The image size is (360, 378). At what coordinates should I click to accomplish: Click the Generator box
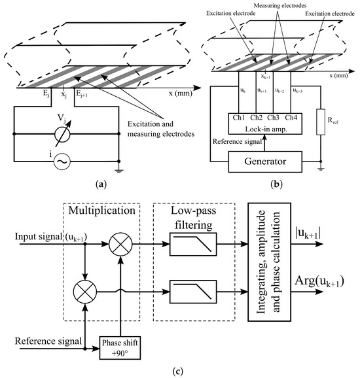pyautogui.click(x=265, y=162)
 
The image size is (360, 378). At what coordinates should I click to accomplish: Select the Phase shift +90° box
pyautogui.click(x=120, y=348)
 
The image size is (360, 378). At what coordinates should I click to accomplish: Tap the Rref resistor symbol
pyautogui.click(x=321, y=122)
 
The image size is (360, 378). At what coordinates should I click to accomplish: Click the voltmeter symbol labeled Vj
pyautogui.click(x=62, y=134)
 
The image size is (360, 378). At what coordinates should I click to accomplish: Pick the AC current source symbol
pyautogui.click(x=62, y=162)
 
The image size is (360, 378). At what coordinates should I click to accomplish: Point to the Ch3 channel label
pyautogui.click(x=273, y=118)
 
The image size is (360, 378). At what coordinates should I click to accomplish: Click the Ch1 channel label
pyautogui.click(x=238, y=118)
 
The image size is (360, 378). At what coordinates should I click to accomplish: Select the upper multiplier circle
pyautogui.click(x=120, y=244)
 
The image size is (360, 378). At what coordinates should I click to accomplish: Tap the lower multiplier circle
pyautogui.click(x=84, y=292)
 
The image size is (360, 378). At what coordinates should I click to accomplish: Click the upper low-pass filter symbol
pyautogui.click(x=193, y=244)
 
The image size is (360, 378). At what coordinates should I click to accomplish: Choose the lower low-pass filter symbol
pyautogui.click(x=193, y=292)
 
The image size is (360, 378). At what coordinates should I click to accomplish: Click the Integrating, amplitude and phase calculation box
pyautogui.click(x=269, y=262)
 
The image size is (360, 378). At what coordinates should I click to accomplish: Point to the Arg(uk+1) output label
pyautogui.click(x=319, y=281)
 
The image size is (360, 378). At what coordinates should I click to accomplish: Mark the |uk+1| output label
pyautogui.click(x=308, y=233)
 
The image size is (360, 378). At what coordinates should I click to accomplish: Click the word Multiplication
pyautogui.click(x=102, y=211)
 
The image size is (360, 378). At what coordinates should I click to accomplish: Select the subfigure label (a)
pyautogui.click(x=101, y=184)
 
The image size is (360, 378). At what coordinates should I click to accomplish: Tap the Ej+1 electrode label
pyautogui.click(x=82, y=94)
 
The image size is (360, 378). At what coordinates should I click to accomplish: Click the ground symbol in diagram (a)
pyautogui.click(x=118, y=171)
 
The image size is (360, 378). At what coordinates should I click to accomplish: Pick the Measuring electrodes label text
pyautogui.click(x=280, y=5)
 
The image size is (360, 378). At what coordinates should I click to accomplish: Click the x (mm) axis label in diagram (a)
pyautogui.click(x=181, y=93)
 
